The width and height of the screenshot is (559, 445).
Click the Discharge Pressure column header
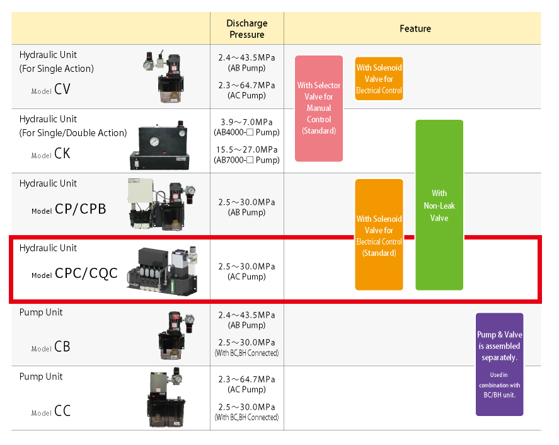[x=246, y=29]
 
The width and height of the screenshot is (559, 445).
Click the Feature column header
[x=415, y=28]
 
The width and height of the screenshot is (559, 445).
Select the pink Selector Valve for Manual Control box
[x=319, y=108]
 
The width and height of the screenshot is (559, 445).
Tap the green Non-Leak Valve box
[x=439, y=205]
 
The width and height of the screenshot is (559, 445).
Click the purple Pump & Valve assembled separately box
[x=500, y=364]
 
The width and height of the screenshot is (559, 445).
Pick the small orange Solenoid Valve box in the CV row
[x=379, y=79]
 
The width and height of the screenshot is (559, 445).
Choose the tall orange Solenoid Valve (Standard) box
[x=379, y=234]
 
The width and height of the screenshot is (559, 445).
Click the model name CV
[x=62, y=89]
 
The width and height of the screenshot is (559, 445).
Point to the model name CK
[x=62, y=153]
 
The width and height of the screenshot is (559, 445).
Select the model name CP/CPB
[x=81, y=209]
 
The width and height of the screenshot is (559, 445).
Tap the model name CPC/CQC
[x=86, y=273]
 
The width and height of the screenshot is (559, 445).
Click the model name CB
[x=62, y=347]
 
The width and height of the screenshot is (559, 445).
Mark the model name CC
[x=62, y=411]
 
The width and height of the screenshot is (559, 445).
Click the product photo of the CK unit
[x=159, y=146]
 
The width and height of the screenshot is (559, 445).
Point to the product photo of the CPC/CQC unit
[x=162, y=270]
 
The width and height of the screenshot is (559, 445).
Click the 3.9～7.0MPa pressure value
[x=246, y=122]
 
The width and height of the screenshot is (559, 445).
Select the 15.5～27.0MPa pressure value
[x=246, y=150]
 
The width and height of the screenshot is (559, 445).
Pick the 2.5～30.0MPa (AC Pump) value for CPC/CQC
[x=246, y=272]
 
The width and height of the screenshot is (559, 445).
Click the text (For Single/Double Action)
[x=73, y=133]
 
